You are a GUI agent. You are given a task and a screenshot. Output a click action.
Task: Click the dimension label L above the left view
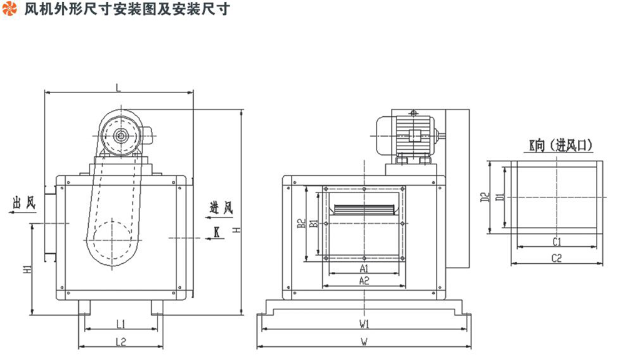[x=119, y=87]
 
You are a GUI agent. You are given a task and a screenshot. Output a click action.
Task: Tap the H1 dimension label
[x=26, y=269]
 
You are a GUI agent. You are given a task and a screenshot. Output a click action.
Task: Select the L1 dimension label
[x=121, y=324]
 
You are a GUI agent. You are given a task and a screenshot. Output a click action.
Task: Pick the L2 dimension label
[x=121, y=341]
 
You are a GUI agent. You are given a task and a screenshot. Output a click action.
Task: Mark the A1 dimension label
[x=363, y=268]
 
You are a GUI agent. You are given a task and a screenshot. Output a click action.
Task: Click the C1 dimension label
[x=557, y=241]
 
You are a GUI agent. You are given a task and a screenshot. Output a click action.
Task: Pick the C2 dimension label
[x=557, y=257]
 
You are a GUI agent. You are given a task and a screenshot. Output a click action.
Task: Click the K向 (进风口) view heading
[x=560, y=146]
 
